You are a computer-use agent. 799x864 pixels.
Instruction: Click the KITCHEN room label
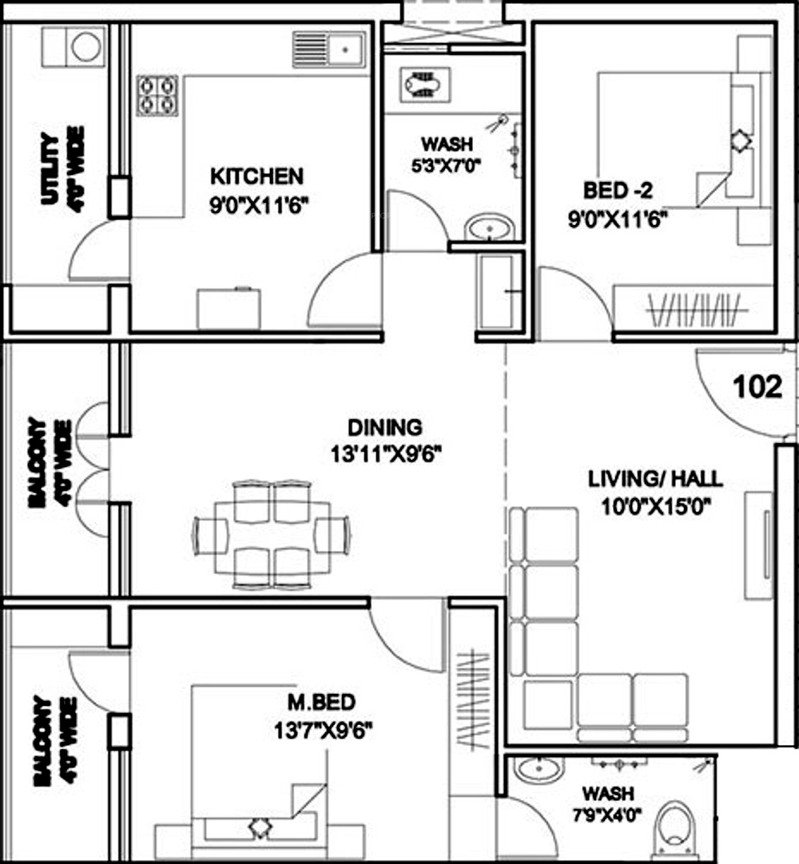[x=257, y=177]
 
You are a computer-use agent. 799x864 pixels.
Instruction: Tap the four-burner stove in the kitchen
[x=157, y=95]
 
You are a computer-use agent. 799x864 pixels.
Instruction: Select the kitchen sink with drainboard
[x=329, y=49]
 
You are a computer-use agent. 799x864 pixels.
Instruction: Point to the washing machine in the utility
[x=86, y=46]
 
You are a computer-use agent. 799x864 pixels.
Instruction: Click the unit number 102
[x=757, y=386]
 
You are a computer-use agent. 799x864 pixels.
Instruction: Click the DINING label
[x=385, y=427]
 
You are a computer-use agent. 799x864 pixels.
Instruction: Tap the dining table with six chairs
[x=271, y=534]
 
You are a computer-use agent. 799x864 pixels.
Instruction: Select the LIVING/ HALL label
[x=656, y=478]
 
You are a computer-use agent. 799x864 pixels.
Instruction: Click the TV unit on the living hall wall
[x=759, y=545]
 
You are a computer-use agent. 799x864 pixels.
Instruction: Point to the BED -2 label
[x=618, y=191]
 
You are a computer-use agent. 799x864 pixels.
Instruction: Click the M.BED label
[x=322, y=703]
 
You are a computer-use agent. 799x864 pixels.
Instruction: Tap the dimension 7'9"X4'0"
[x=607, y=815]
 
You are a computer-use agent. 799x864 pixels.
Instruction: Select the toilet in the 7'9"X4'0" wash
[x=675, y=827]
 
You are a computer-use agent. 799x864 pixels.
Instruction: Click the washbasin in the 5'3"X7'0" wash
[x=488, y=227]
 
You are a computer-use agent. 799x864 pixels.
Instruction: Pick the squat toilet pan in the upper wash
[x=426, y=85]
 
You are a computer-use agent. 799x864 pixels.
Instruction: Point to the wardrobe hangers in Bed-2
[x=697, y=311]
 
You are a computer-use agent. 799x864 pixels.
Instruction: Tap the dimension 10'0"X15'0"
[x=656, y=505]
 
